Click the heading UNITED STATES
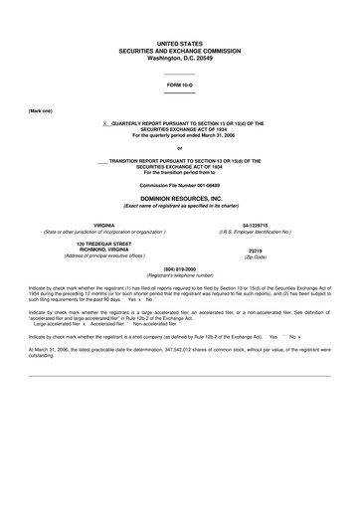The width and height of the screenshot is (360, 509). coord(180,46)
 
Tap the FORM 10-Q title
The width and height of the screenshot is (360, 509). coord(180,86)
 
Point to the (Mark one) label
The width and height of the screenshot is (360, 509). coord(41,110)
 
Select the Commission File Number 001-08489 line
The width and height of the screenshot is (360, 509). coord(180,186)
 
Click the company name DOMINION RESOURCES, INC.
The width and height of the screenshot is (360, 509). coord(180,200)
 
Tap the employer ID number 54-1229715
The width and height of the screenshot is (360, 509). coord(254,226)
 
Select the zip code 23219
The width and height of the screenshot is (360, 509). coord(255,250)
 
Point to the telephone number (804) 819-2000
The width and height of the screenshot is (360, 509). coord(180,268)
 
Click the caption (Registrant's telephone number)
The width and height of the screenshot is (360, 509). coord(180,274)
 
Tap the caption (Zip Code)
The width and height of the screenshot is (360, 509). coord(255,256)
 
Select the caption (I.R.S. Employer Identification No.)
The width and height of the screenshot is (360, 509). coord(255,232)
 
